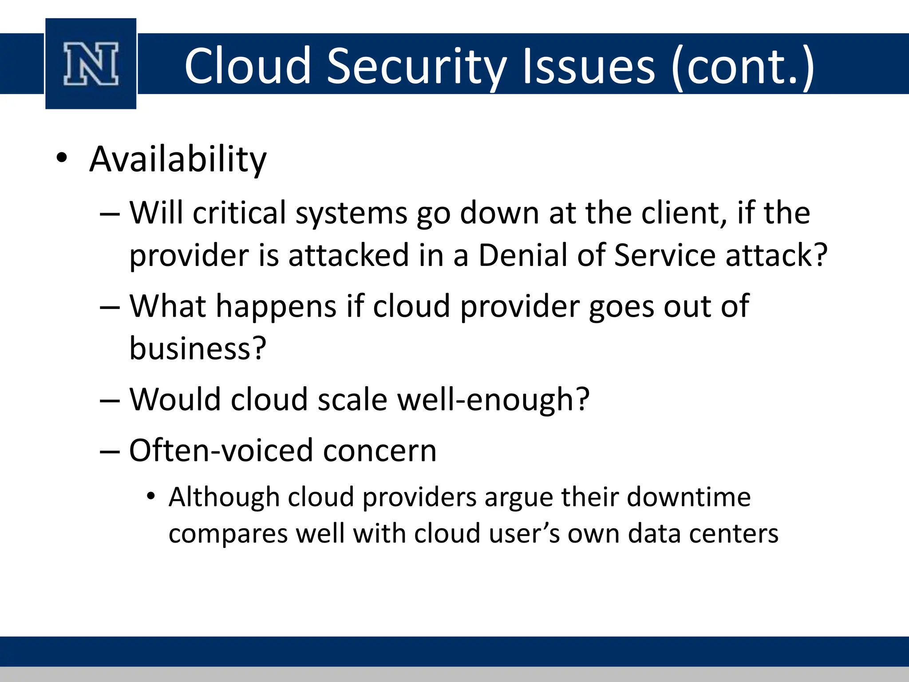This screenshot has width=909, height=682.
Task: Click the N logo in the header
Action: (91, 64)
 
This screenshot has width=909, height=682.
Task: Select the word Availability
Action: (178, 159)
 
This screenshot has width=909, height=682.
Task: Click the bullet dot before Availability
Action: (62, 158)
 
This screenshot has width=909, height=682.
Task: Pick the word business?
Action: (198, 349)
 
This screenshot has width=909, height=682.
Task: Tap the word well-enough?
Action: (493, 400)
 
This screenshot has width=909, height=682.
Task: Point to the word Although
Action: (224, 497)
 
